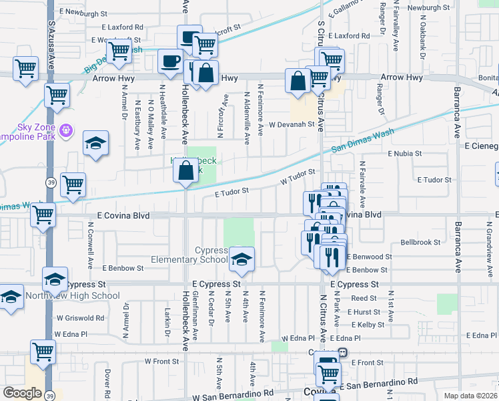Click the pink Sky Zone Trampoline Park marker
coord(65,130)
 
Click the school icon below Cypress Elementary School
coord(241,260)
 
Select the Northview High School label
coord(79,296)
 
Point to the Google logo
coord(22,393)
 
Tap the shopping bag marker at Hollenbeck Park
coord(185,172)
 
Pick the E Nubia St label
coord(405,153)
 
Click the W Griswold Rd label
coord(80,318)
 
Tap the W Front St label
coord(162,361)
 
